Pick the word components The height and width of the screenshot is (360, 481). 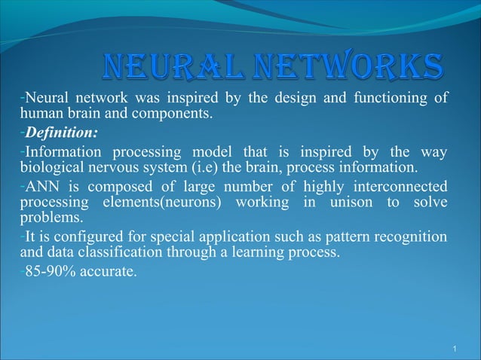176,115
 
